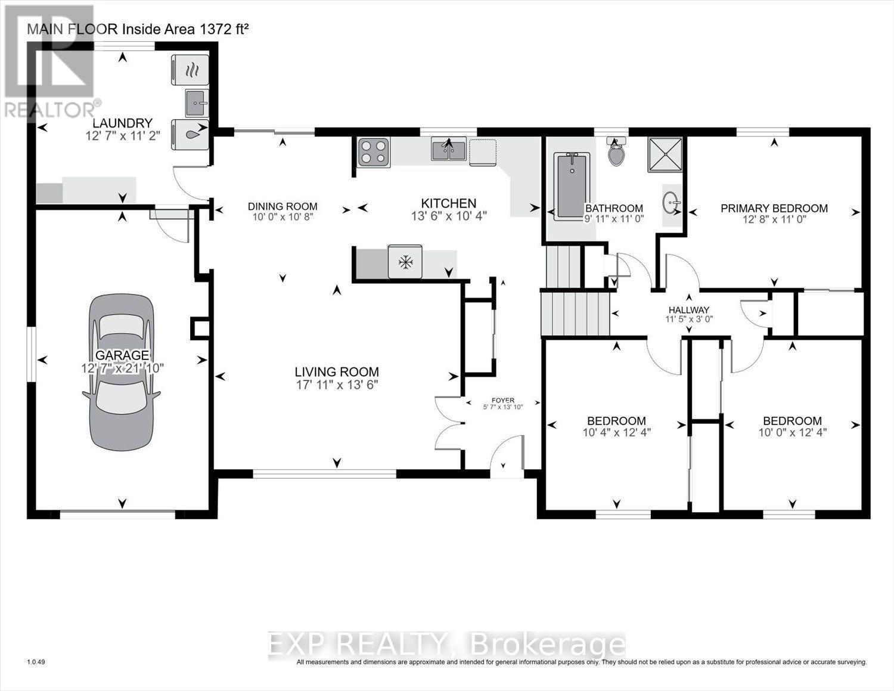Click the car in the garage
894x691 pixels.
[x=122, y=372]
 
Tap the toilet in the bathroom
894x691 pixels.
[x=616, y=151]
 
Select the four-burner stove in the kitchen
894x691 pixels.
[x=374, y=152]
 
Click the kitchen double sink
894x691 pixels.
[x=448, y=149]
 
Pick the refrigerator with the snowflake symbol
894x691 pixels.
[x=405, y=261]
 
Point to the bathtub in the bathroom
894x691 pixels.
[x=572, y=185]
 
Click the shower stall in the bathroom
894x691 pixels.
[x=665, y=154]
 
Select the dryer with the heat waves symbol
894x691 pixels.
[x=190, y=70]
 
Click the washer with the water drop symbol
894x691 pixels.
[x=190, y=135]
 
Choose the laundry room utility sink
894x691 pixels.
[x=197, y=103]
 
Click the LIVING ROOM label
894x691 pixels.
[x=337, y=372]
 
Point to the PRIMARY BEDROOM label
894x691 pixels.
[x=774, y=208]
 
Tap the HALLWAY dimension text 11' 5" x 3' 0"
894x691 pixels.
[x=689, y=319]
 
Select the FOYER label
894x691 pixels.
[x=503, y=400]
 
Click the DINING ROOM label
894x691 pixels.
[x=283, y=206]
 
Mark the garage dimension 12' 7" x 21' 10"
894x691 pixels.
[x=122, y=368]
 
